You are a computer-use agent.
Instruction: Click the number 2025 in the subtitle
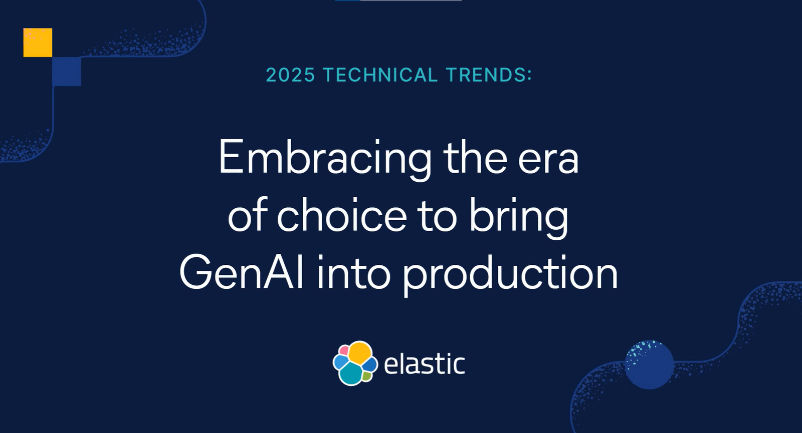290,75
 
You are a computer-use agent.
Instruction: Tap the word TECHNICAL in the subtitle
380,75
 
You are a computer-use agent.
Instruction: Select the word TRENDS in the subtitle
486,75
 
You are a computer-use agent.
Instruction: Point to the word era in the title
548,162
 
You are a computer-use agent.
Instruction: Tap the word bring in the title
518,218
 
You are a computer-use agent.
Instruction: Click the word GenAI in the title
242,272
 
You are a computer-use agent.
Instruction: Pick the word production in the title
510,275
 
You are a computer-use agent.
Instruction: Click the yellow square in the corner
38,43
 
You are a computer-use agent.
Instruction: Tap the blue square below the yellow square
67,72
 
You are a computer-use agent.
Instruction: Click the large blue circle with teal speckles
649,365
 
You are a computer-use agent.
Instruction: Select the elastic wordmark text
424,364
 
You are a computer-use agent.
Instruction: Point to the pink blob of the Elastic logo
344,350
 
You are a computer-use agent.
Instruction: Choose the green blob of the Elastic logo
366,376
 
